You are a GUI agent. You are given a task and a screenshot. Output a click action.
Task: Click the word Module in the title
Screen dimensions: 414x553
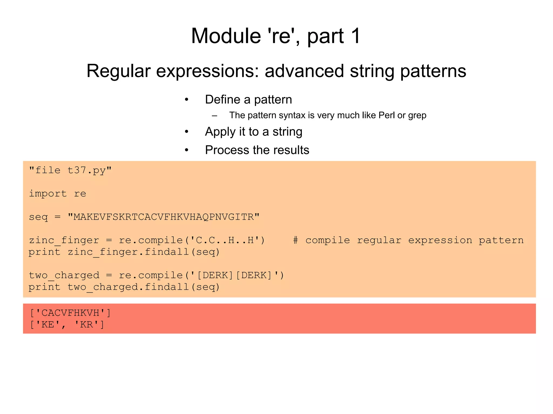pos(226,36)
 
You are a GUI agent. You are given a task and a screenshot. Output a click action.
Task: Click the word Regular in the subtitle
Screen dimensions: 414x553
pos(118,71)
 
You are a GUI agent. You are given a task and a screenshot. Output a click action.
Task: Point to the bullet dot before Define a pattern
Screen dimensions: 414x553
pos(186,100)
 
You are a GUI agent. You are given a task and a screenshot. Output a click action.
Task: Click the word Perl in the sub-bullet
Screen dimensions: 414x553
pos(387,115)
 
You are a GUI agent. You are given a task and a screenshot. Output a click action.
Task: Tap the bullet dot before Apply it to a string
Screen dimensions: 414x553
pos(186,132)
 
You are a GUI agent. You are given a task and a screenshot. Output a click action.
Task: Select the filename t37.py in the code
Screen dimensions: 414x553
pos(86,171)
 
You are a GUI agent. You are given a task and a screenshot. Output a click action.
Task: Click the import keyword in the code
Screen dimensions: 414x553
pos(48,194)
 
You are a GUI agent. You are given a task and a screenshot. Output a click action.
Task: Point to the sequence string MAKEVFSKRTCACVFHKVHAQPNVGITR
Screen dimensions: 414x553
pos(164,217)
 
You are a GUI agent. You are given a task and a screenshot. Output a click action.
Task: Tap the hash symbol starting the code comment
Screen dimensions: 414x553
pos(295,240)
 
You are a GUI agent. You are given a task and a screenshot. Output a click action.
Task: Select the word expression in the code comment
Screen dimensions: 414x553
pos(440,240)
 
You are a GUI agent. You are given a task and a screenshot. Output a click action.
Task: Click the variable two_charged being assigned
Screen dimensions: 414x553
pos(64,275)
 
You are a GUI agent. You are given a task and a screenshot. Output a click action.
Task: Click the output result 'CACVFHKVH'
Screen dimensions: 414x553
pos(70,313)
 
